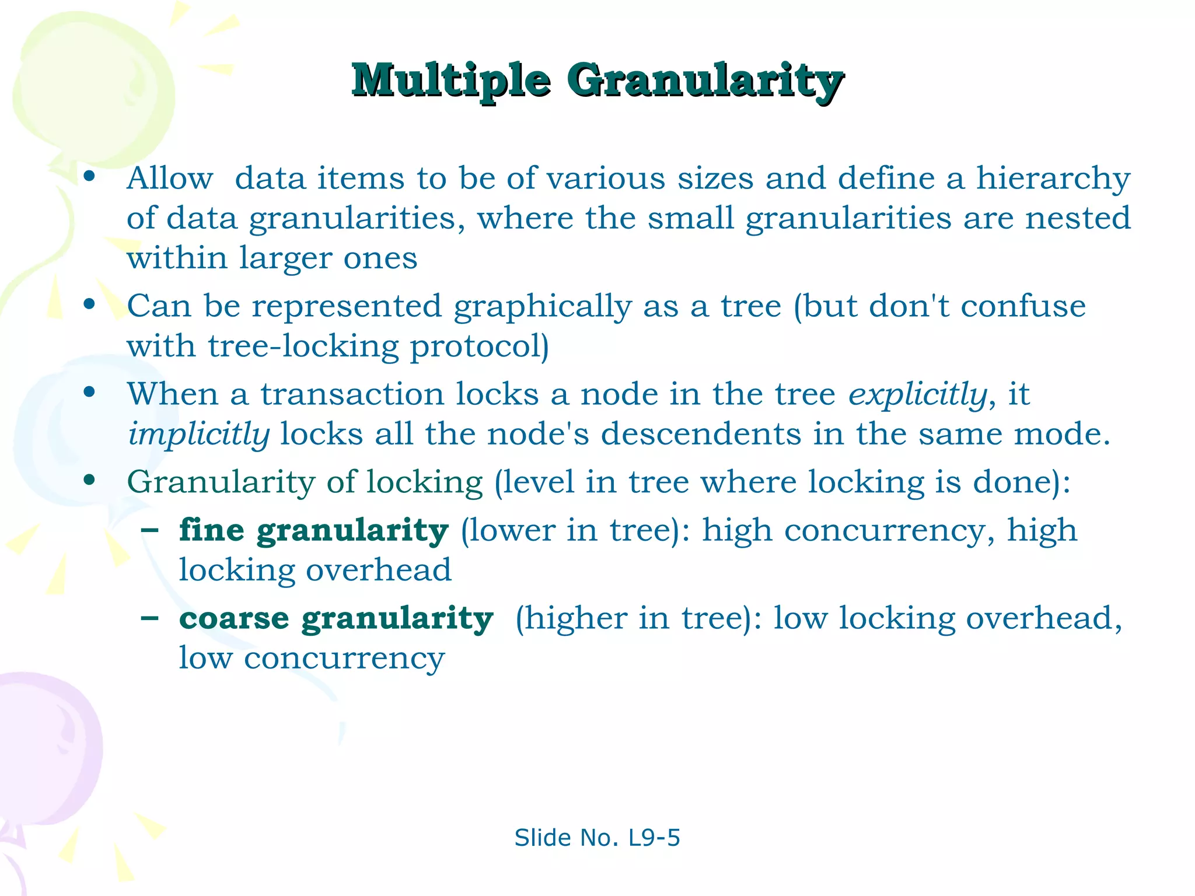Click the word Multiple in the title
(x=450, y=80)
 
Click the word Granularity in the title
(x=705, y=80)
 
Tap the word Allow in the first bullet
(x=170, y=178)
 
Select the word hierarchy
(x=1053, y=179)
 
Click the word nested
(x=1078, y=218)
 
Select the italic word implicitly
(x=198, y=435)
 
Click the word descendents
(x=701, y=434)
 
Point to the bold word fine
(x=211, y=530)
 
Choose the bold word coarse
(x=234, y=618)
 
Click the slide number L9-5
(x=654, y=838)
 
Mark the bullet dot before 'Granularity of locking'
(x=89, y=480)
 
